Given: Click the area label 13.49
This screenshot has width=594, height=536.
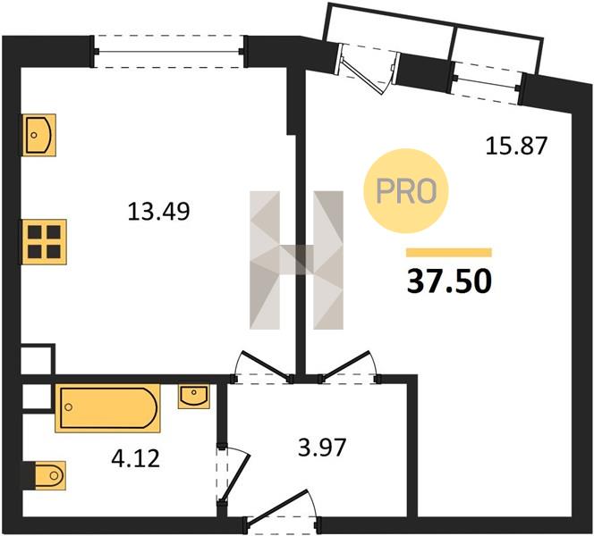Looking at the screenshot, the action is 158,211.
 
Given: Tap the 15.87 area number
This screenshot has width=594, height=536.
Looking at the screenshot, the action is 516,146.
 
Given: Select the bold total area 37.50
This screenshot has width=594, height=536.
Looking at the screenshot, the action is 449,281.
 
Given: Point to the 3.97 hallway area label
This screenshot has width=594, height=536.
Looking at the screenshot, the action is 322,447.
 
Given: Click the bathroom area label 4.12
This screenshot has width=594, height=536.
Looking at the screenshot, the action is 135,458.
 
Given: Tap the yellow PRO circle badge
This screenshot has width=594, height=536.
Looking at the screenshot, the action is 406,191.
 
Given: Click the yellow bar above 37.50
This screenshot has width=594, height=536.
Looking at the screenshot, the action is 449,253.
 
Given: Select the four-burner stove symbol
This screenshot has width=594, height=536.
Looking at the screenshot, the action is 44,242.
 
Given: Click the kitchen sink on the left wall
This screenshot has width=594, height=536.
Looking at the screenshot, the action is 39,135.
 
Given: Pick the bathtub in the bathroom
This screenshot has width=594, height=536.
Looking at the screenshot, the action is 108,408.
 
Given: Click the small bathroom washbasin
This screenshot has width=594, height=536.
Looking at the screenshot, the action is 193,397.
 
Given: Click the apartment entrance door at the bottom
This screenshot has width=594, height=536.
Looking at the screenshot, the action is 283,507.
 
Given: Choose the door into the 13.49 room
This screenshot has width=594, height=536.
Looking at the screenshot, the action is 265,366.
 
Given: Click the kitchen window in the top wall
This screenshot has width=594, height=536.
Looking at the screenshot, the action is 168,52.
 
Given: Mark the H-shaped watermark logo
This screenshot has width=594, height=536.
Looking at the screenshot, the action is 297,260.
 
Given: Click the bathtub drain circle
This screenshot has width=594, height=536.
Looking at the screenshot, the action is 69,407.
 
